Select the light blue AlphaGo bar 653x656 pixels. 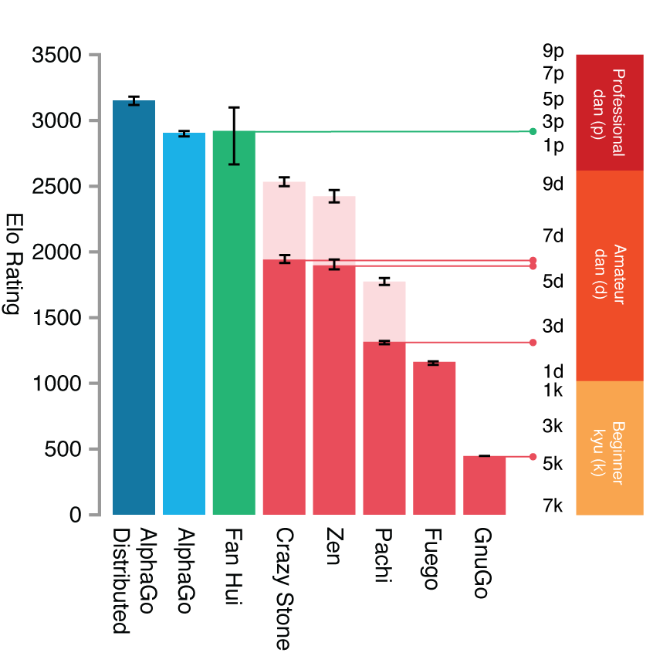point(184,323)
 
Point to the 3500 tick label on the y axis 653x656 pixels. point(57,56)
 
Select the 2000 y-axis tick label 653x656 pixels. point(57,252)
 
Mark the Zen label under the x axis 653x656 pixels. point(333,546)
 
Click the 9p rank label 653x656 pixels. point(553,52)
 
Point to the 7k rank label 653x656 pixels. point(553,506)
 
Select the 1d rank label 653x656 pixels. point(553,371)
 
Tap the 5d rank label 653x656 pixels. point(553,281)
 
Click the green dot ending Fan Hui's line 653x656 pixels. point(533,131)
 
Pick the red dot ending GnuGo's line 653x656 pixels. point(533,456)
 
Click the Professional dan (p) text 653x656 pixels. point(609,112)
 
